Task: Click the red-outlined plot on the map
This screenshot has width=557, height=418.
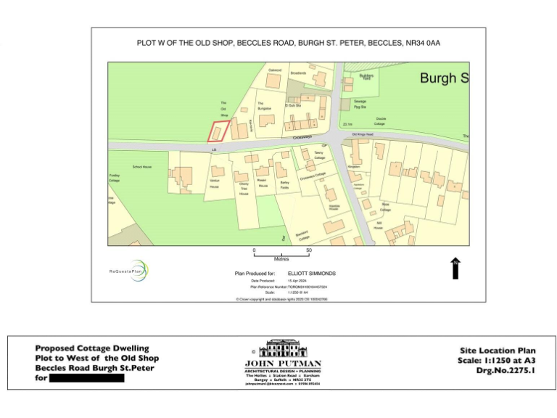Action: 218,131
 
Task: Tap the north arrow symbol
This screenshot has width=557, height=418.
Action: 455,267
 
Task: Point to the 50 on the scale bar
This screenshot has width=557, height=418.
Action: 309,250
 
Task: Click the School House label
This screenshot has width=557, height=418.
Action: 141,167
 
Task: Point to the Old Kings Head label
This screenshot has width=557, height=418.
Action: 362,134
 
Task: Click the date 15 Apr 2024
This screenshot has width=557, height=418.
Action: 297,280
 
